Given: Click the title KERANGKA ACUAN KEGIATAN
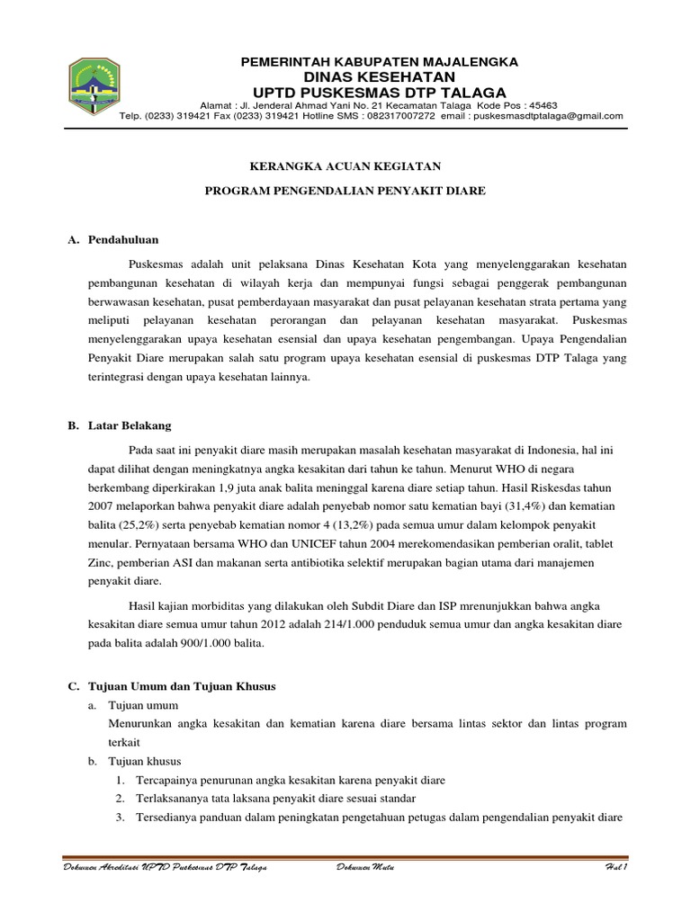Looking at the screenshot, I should pyautogui.click(x=345, y=166).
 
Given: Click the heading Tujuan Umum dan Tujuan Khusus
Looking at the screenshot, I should pyautogui.click(x=180, y=686).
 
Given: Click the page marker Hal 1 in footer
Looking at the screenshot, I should pyautogui.click(x=615, y=866).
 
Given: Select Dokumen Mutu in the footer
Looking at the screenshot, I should pyautogui.click(x=363, y=866).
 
